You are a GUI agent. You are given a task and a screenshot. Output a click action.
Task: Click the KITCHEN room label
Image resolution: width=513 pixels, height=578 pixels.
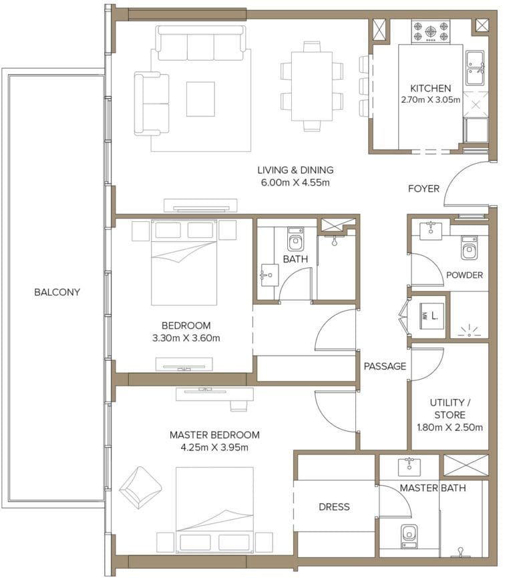430,88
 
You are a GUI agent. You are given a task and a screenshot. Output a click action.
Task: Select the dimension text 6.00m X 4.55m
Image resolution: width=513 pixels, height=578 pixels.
295,182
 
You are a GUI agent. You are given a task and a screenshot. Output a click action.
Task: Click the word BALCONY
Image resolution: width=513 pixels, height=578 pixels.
57,292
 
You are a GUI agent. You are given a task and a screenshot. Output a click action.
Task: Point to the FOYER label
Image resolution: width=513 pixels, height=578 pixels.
423,188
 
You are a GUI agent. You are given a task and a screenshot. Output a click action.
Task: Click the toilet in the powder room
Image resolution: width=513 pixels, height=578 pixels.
469,249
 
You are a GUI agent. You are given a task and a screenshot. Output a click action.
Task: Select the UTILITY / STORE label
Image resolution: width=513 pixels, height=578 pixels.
450,409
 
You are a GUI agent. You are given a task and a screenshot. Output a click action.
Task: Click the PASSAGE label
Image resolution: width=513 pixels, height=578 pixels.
385,366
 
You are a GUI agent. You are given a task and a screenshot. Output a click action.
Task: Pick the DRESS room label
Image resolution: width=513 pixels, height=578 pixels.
334,507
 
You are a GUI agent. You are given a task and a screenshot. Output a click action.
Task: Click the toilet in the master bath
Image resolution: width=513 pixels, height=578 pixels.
409,535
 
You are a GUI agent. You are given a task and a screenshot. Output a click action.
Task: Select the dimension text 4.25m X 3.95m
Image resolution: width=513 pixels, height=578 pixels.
214,447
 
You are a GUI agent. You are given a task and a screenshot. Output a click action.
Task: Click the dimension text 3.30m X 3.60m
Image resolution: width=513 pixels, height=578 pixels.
186,337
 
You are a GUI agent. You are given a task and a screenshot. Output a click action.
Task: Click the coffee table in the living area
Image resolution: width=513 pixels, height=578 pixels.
200,98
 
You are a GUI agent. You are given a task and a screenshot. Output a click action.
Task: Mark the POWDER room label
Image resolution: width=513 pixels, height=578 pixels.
464,275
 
